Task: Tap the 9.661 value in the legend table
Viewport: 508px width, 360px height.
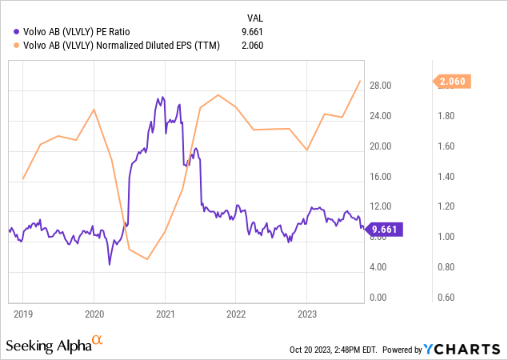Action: pos(251,31)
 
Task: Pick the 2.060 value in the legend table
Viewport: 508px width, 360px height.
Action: pos(251,45)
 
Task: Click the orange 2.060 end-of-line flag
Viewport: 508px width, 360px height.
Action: pos(454,81)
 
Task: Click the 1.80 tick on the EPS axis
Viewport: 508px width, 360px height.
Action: pos(444,116)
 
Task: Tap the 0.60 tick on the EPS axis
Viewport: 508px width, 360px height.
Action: pos(444,297)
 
